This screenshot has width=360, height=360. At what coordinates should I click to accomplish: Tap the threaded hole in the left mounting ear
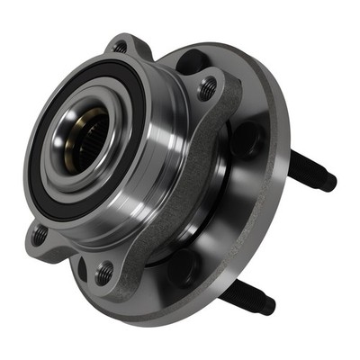[x=40, y=234]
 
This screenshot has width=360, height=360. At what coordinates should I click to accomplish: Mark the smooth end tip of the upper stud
[x=329, y=182]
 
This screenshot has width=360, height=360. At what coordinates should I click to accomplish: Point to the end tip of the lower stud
[x=267, y=307]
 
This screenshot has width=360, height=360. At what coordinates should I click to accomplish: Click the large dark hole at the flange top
[x=192, y=61]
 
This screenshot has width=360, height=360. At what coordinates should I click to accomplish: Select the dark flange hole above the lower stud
[x=184, y=265]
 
